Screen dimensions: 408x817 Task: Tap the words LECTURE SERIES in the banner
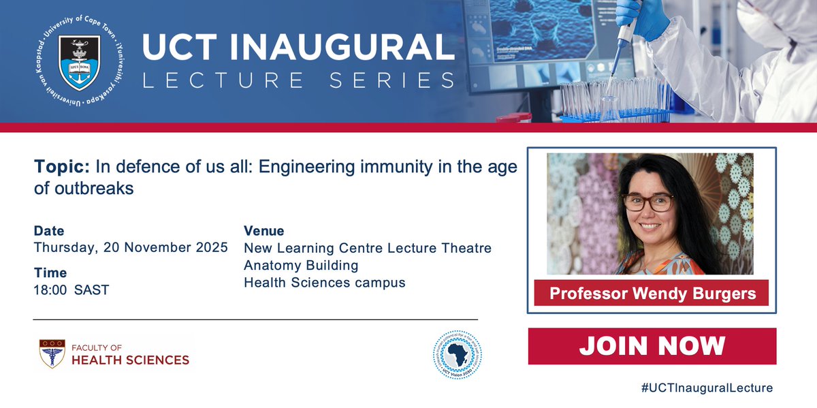pos(298,80)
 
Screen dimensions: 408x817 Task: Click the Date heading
pos(49,231)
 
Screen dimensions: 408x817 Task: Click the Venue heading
pos(264,231)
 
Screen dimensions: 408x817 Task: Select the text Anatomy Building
pos(301,265)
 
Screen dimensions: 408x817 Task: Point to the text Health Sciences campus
pos(325,282)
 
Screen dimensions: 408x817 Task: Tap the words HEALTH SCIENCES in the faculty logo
pos(130,360)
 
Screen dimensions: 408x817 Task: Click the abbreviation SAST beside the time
pos(92,290)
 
